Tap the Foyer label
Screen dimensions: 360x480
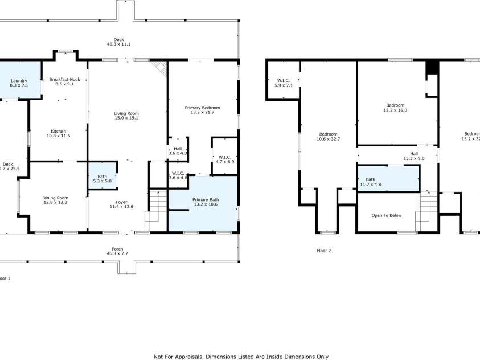[x=121, y=204]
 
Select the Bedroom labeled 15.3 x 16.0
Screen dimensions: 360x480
[x=395, y=108]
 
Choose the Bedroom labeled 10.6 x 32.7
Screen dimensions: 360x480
[x=328, y=137]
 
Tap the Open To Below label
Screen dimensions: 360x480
[x=387, y=215]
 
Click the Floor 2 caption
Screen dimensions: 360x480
[x=323, y=250]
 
